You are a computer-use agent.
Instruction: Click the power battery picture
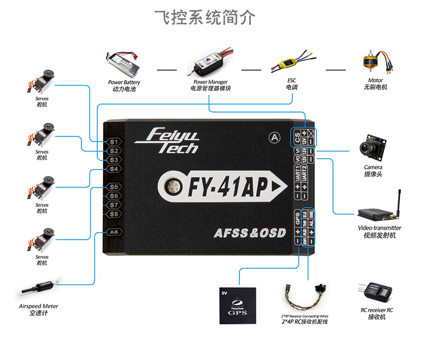pos(123,63)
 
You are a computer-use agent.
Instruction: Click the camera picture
pos(373,146)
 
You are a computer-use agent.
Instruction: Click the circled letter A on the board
pos(275,137)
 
